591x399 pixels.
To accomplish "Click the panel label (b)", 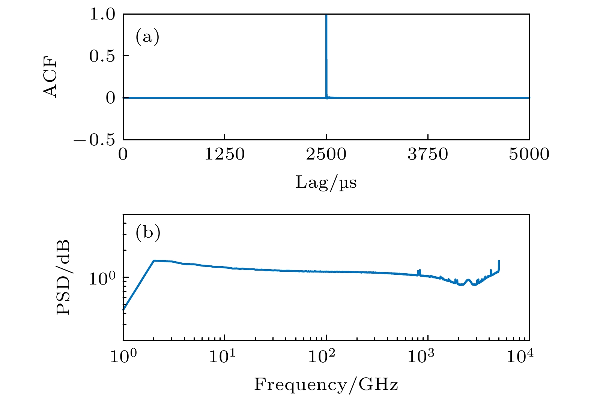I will tap(148, 233).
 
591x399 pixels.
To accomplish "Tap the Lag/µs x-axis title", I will tap(326, 182).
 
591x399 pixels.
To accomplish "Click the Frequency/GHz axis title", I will tap(326, 385).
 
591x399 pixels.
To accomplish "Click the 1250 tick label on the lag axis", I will tap(224, 154).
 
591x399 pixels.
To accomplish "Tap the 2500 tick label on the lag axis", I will tap(326, 154).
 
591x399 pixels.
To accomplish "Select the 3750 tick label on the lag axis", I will tap(428, 154).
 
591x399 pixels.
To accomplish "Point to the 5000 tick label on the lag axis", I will tap(529, 154).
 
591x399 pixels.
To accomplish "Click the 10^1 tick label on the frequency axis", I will tap(224, 356).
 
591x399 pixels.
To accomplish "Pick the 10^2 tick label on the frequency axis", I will tap(326, 356).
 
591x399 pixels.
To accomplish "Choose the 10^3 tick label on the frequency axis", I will tap(428, 356).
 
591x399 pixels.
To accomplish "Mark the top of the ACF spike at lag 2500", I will tap(326, 15).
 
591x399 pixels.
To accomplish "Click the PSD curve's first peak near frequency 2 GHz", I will tap(154, 260).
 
